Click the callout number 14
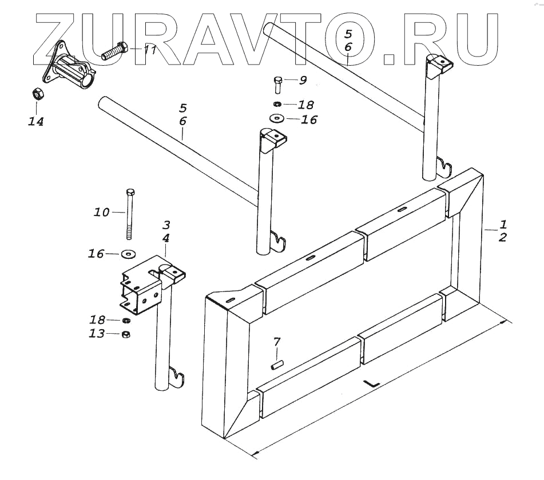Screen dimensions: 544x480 36,121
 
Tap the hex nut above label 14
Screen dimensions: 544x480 35,93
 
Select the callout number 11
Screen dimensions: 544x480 150,50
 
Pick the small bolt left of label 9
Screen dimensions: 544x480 277,85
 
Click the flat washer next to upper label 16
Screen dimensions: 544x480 277,119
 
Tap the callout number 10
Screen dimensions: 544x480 101,213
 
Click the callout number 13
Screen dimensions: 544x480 97,334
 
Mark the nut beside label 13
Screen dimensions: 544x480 126,334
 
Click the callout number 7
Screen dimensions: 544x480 277,342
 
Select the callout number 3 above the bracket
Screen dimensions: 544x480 165,225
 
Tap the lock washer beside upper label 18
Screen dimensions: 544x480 277,105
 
